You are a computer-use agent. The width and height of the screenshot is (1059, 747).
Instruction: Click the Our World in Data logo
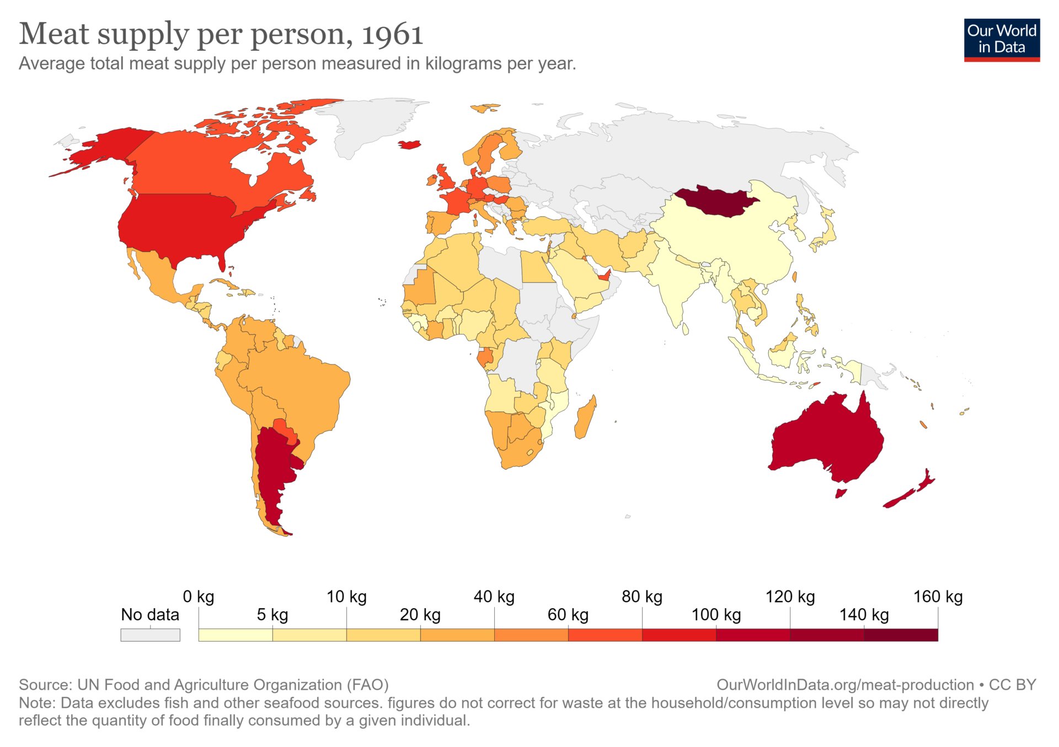point(1002,40)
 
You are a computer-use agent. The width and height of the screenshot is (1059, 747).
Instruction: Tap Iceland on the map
point(410,144)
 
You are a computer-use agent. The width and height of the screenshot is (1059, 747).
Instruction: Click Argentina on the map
point(271,469)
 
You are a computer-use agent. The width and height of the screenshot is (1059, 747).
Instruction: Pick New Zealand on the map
point(910,491)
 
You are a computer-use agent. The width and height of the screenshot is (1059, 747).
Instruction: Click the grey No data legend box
point(150,635)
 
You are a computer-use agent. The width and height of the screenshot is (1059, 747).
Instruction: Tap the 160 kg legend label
point(938,596)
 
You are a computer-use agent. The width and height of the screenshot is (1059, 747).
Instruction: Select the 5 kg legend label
point(272,615)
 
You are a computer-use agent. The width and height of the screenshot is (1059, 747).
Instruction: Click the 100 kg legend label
point(716,615)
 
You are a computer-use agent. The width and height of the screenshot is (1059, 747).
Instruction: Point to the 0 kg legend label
point(198,596)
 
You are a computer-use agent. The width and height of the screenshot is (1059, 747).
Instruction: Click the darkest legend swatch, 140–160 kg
point(901,635)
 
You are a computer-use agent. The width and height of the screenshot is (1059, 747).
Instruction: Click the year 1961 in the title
point(392,34)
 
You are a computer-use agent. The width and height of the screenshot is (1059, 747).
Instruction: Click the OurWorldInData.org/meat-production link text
point(845,685)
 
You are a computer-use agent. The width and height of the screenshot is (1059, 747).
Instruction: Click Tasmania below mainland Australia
point(840,492)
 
